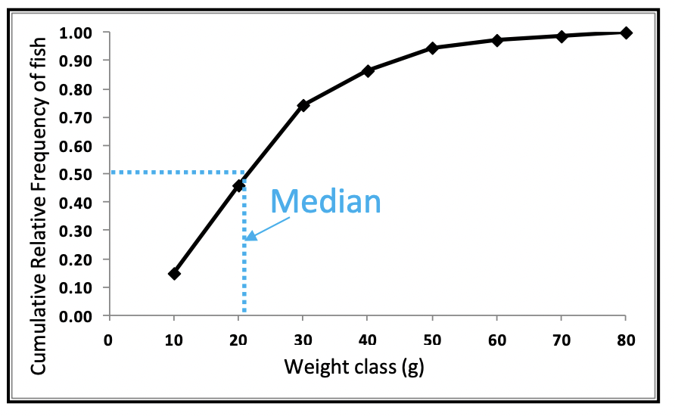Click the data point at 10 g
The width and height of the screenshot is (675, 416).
[174, 274]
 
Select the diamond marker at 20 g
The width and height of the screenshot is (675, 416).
[239, 185]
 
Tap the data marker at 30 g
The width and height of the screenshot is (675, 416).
[303, 105]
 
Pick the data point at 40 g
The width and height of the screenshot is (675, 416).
[369, 70]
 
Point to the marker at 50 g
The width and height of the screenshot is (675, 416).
[433, 48]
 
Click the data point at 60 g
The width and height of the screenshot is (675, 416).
[497, 40]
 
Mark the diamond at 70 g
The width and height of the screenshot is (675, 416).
[561, 36]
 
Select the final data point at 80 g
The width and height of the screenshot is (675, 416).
[626, 33]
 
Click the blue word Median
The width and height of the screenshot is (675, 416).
[325, 201]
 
